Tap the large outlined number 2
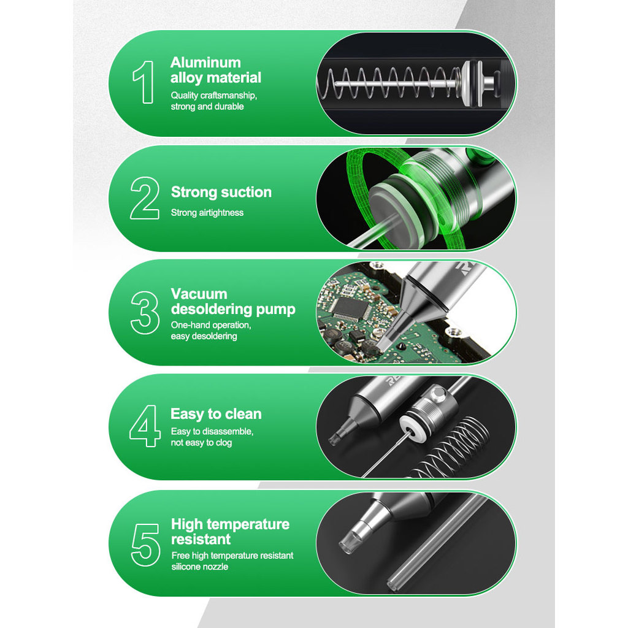(145, 198)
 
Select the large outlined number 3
(145, 313)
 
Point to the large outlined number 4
(145, 426)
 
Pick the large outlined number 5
(145, 545)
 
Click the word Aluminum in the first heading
(205, 63)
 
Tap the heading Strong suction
(221, 192)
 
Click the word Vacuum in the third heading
(199, 294)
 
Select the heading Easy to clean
(216, 414)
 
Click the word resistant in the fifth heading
(201, 539)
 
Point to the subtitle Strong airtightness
(207, 213)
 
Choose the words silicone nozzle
(200, 567)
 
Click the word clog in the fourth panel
(224, 443)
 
